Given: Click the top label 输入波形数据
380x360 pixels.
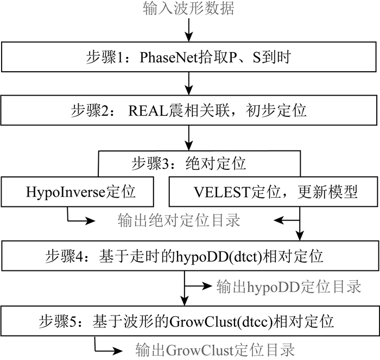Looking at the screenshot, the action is [x=188, y=9].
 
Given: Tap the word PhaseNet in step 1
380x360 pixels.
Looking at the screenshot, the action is [x=169, y=58].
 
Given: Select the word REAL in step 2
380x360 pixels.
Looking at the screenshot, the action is [x=148, y=111].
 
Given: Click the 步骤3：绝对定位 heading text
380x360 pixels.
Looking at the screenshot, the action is [x=189, y=163].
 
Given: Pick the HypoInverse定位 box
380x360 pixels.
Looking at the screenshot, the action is [x=77, y=192].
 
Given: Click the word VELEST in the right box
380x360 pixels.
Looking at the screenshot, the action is [x=221, y=192].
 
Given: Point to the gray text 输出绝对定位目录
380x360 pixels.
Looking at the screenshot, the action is [x=179, y=220].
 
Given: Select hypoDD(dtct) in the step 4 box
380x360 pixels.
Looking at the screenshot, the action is [x=219, y=256].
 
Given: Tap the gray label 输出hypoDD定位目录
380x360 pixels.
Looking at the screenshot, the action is [x=289, y=287].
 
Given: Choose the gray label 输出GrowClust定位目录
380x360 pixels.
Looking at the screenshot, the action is [x=215, y=350].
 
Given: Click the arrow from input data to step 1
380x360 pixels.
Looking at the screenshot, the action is [x=189, y=30].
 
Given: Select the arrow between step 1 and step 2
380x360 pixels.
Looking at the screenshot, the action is [x=189, y=84].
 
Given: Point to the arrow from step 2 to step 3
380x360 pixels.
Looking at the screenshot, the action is [x=189, y=138].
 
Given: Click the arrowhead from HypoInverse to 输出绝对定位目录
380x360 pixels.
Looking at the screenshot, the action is [x=90, y=221].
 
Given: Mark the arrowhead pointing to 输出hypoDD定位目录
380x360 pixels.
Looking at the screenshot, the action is [x=207, y=286].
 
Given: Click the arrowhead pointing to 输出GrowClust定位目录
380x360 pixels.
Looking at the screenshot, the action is [x=117, y=350].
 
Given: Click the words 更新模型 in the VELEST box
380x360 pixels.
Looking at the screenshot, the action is [x=327, y=192].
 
